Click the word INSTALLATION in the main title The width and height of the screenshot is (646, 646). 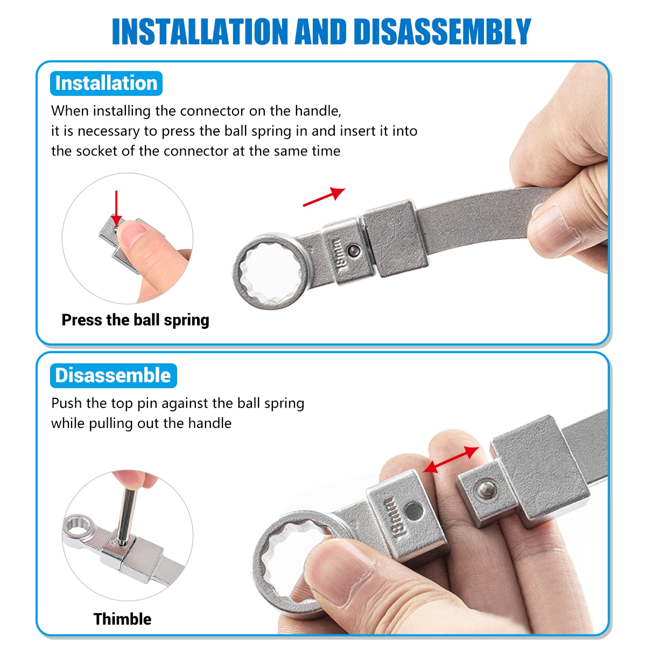coord(200,31)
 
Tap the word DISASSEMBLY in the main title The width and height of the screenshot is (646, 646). coord(442,31)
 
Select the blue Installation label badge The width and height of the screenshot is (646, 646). coord(106,83)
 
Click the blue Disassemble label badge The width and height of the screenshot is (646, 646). coord(113,375)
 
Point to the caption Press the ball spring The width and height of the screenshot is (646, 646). coord(136,320)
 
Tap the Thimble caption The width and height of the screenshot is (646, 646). coord(122,619)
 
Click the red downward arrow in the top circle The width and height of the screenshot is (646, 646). coord(116,208)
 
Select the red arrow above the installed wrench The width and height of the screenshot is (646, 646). coord(324,197)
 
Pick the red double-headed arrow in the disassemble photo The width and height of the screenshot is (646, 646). coord(451,460)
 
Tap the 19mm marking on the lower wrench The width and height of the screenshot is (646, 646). coord(394,519)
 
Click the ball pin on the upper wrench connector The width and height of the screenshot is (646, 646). coord(354,250)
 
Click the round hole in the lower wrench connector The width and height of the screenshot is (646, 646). coord(415,511)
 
